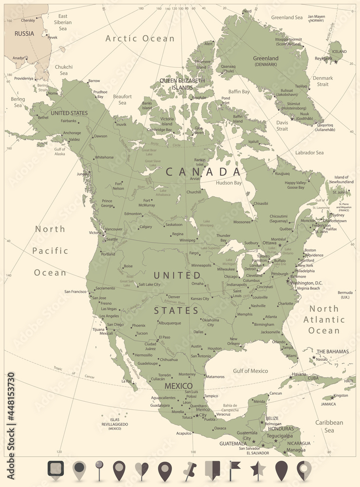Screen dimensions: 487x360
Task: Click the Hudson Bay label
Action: click(x=228, y=183)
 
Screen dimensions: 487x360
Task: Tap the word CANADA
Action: click(x=203, y=171)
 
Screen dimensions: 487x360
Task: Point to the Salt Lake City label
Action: click(x=149, y=284)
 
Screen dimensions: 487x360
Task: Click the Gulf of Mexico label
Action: click(x=250, y=371)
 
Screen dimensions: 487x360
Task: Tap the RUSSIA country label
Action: click(x=24, y=34)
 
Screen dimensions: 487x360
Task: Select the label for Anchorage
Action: click(x=72, y=133)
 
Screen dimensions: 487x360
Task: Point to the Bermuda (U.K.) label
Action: click(x=332, y=295)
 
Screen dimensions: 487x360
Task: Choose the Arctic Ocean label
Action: click(x=140, y=38)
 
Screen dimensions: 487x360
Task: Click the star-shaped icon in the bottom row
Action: click(x=257, y=470)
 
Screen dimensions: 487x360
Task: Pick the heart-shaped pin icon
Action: click(x=142, y=471)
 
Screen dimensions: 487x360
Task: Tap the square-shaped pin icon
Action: click(x=56, y=470)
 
